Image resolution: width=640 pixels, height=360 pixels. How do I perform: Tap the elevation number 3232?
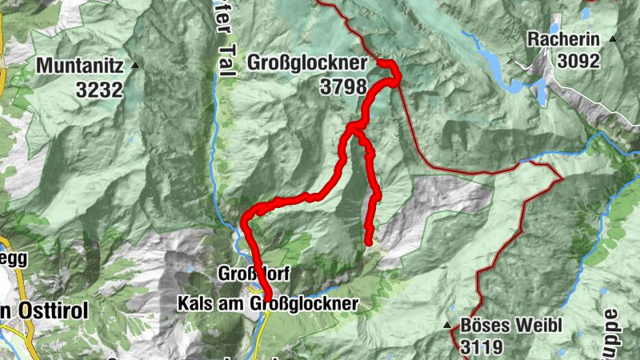click(99, 90)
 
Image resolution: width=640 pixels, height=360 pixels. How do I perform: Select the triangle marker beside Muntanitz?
click(135, 65)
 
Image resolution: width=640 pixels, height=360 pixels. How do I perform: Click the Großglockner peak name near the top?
click(307, 62)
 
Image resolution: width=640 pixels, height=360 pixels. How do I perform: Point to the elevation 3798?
click(342, 86)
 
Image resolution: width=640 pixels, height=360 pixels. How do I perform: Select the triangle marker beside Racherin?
click(613, 38)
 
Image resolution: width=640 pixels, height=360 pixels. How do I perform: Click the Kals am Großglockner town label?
click(268, 303)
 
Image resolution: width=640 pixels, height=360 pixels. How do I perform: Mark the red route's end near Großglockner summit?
click(382, 63)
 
